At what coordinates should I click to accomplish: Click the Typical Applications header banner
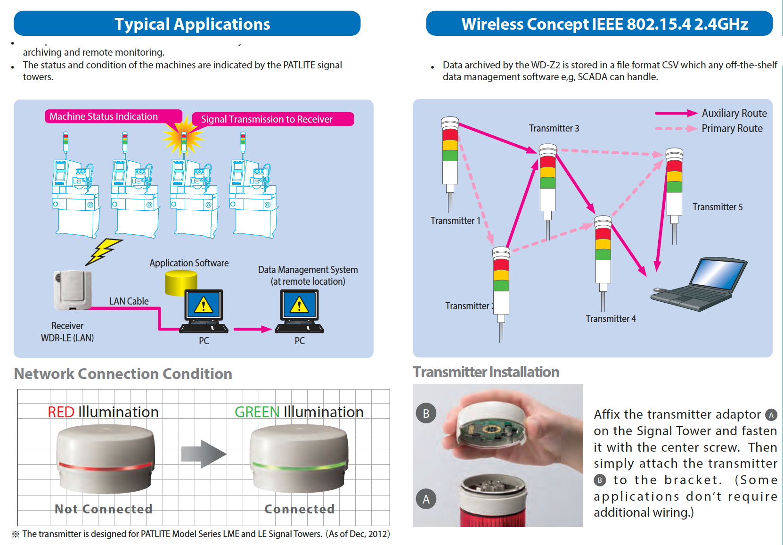187,24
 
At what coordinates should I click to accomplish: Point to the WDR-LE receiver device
72,290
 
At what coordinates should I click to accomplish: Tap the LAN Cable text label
129,301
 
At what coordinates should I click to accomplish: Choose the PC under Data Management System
299,311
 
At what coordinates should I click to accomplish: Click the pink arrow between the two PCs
252,329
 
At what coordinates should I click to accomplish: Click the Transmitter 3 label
554,128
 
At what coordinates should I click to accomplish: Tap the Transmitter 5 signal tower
674,189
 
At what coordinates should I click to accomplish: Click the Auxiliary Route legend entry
711,113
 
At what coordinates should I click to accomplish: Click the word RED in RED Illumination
61,412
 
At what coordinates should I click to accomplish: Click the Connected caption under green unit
299,509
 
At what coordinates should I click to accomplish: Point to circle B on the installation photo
426,413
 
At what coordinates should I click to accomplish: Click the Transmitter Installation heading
486,372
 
